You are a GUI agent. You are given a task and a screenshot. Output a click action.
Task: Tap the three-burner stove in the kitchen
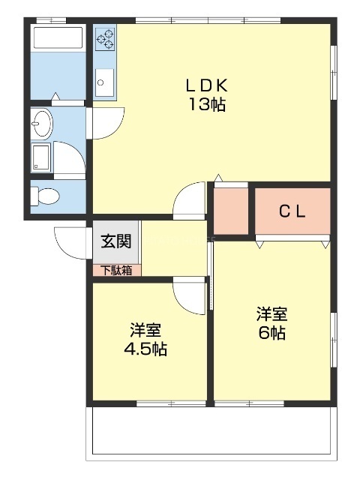pyautogui.click(x=105, y=39)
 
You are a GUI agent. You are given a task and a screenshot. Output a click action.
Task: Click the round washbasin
pyautogui.click(x=42, y=121)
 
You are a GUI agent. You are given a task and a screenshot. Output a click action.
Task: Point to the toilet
pyautogui.click(x=46, y=196)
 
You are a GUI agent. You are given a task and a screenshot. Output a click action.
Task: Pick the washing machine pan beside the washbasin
pyautogui.click(x=42, y=157)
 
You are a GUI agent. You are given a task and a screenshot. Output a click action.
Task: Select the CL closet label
pyautogui.click(x=292, y=211)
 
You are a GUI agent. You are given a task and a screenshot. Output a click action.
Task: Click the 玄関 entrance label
pyautogui.click(x=115, y=241)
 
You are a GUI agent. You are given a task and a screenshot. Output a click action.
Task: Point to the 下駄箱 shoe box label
pyautogui.click(x=115, y=270)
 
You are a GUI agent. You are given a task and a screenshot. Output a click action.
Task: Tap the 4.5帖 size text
pyautogui.click(x=145, y=349)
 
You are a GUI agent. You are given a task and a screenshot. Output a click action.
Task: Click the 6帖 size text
pyautogui.click(x=271, y=334)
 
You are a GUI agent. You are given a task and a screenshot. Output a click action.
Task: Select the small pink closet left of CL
pyautogui.click(x=230, y=210)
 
